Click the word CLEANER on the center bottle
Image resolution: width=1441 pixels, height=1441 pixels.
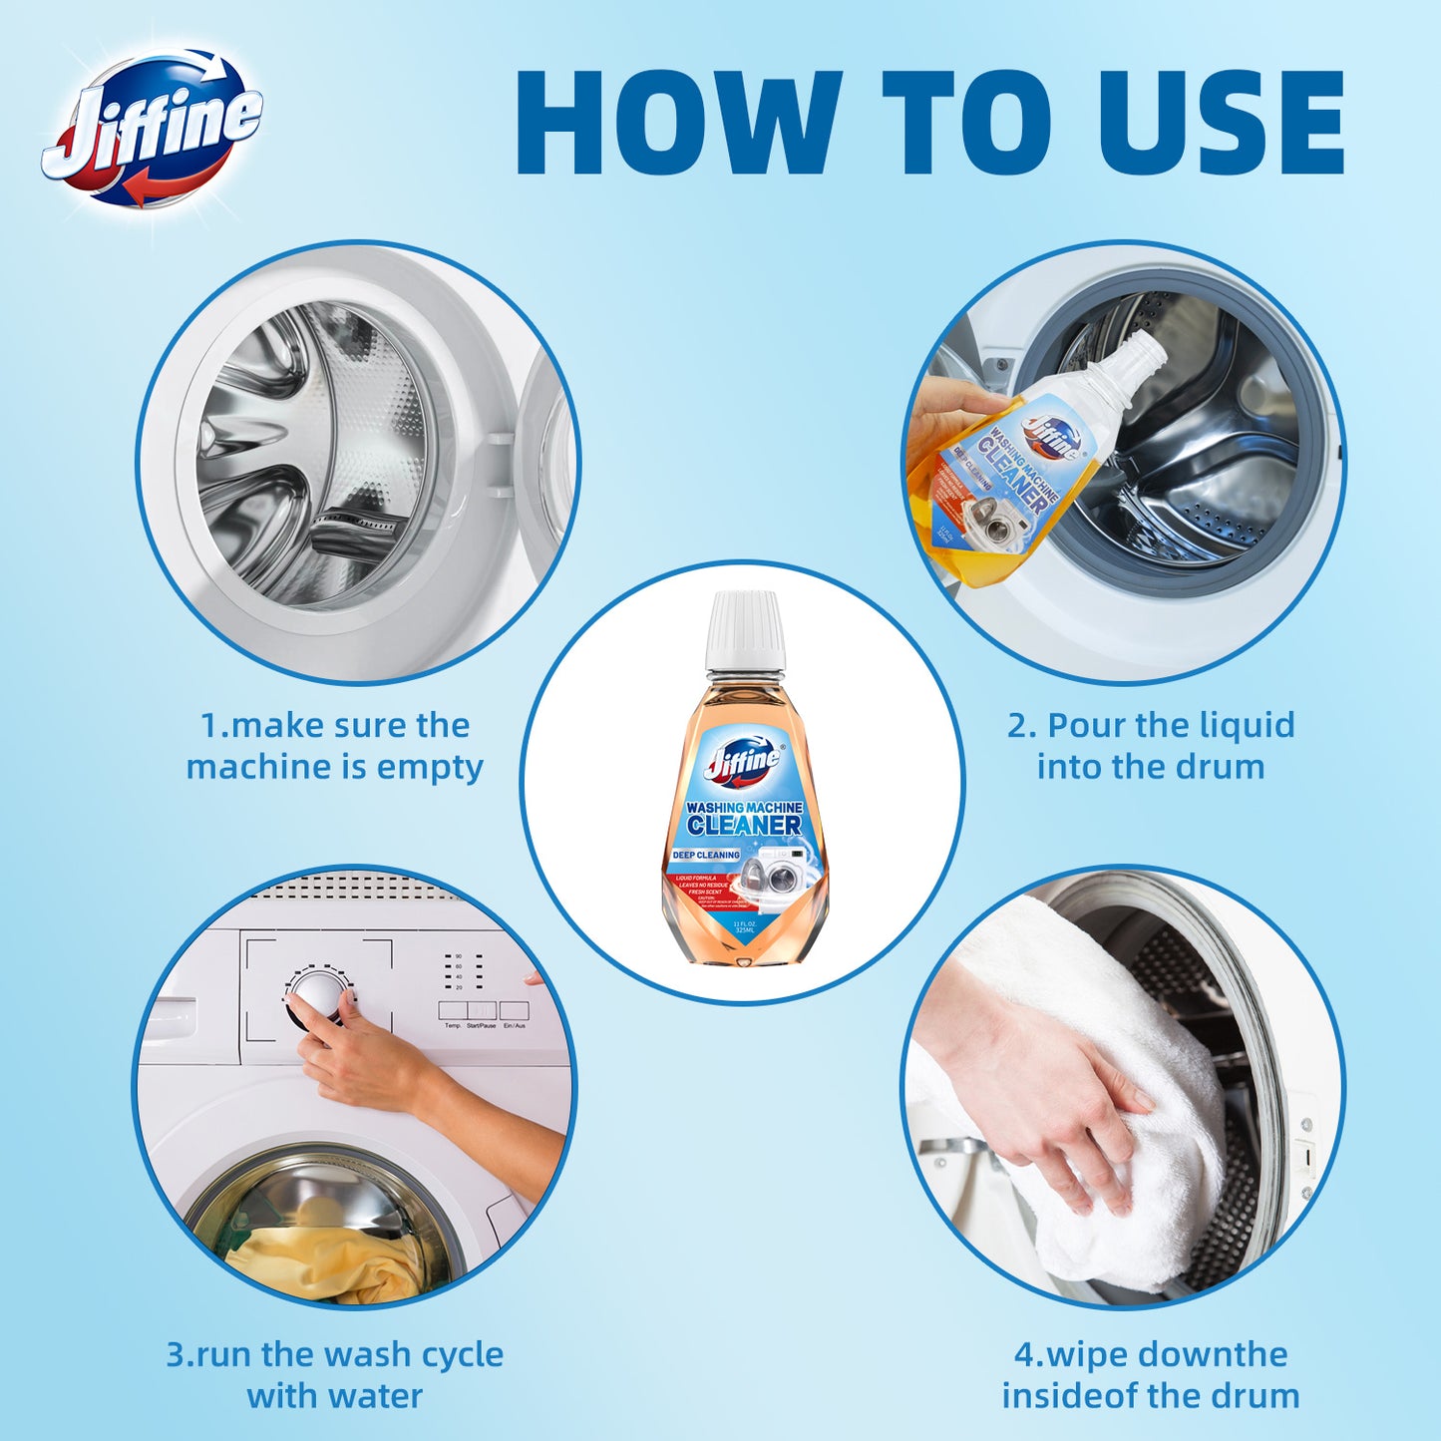744,826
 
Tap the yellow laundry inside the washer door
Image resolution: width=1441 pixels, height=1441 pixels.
319,1261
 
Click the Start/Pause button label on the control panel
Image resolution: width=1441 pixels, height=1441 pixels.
482,1025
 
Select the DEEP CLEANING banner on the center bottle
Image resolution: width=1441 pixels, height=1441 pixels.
706,855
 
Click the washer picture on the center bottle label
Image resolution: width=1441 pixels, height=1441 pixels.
778,878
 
